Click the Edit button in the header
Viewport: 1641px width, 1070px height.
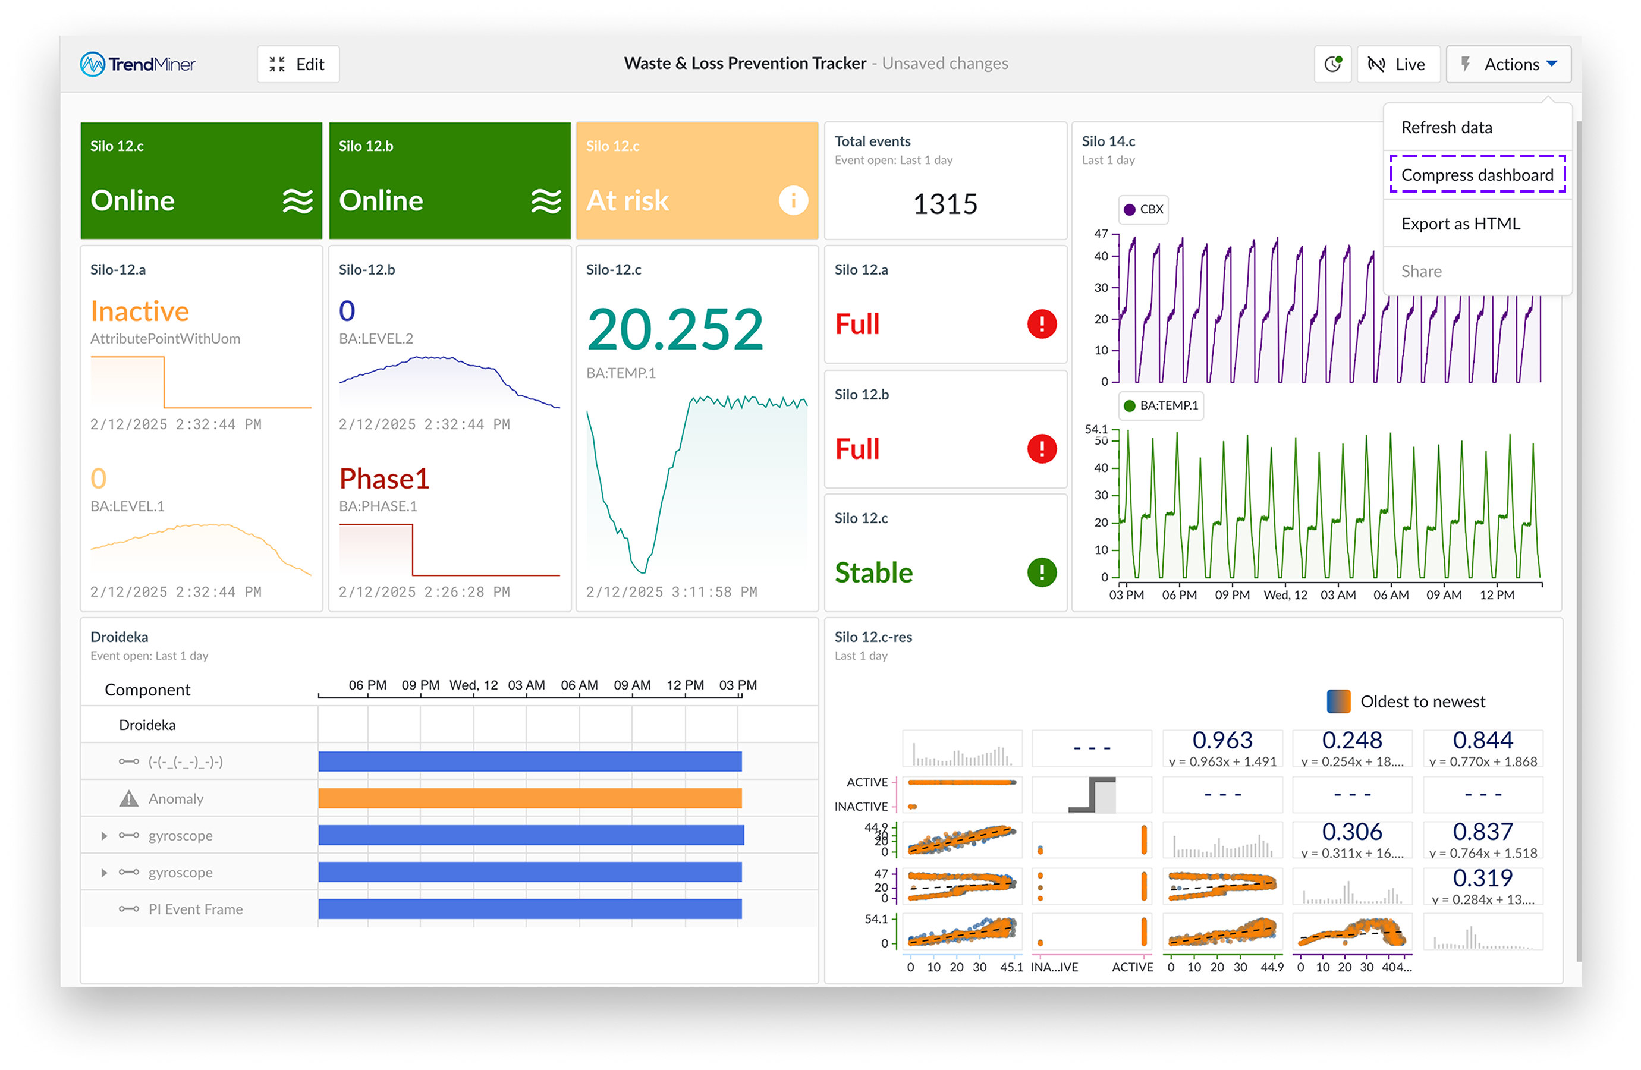(298, 64)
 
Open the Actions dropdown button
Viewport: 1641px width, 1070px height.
(1508, 64)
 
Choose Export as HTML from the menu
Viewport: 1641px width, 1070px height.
(1460, 224)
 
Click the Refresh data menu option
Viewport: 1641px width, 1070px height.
(1447, 128)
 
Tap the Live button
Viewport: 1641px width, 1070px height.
(1398, 64)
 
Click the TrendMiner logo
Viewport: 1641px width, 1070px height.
(138, 64)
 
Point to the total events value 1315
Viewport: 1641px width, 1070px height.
(945, 204)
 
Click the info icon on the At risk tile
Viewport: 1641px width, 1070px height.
(793, 201)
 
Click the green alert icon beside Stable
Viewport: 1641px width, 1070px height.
(1041, 572)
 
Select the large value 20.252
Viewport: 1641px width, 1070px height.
(674, 329)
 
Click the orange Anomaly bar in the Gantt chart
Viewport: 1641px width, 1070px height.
(530, 798)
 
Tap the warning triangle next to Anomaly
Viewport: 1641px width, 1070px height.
(129, 798)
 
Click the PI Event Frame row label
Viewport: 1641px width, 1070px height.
(195, 909)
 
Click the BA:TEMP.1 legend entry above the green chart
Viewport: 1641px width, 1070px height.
(1161, 405)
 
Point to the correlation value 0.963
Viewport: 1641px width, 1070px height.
(1222, 739)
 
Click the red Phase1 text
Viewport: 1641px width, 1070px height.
(384, 479)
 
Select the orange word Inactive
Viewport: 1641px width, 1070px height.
(139, 311)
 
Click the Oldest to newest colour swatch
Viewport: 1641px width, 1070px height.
(1338, 701)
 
